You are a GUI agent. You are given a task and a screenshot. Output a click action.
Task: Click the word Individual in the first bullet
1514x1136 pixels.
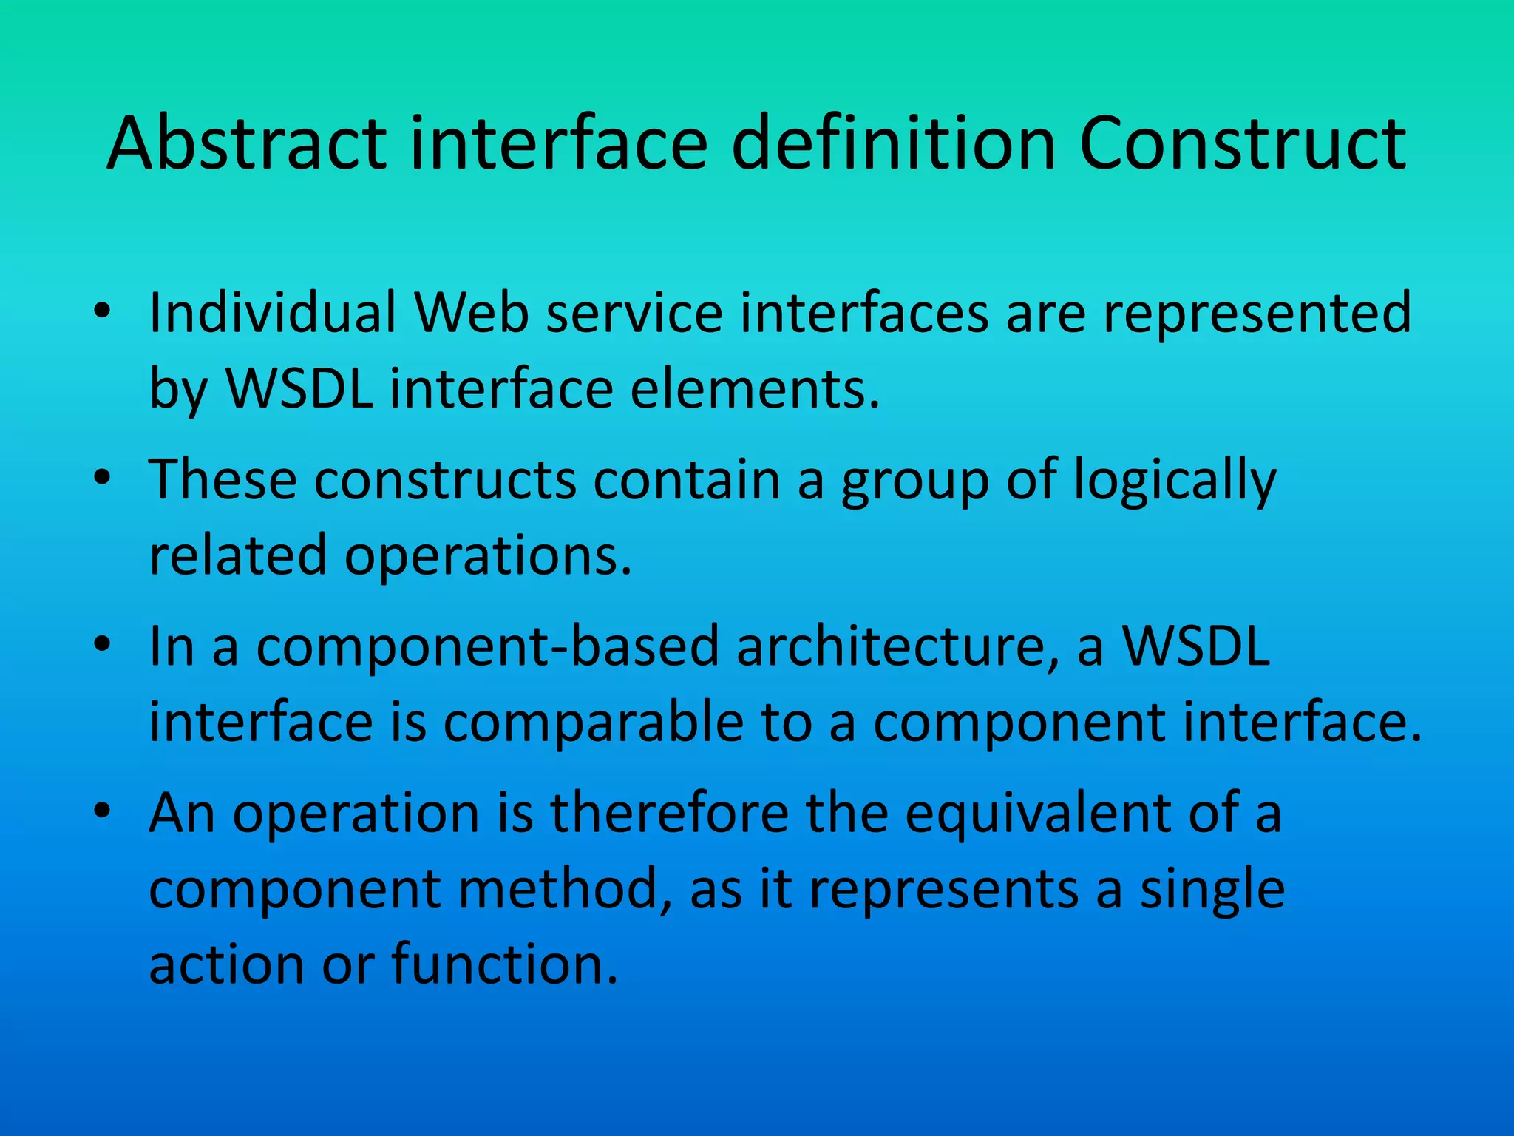pos(273,313)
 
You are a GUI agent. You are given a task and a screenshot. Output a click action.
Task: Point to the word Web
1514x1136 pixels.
pos(472,313)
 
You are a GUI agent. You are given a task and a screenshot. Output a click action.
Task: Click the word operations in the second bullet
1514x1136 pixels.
pos(489,557)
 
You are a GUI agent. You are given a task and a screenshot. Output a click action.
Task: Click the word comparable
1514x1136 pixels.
pos(594,723)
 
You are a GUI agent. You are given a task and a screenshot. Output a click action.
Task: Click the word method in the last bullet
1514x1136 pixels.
pos(566,889)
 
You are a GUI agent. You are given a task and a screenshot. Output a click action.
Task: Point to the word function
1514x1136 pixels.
pos(504,964)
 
